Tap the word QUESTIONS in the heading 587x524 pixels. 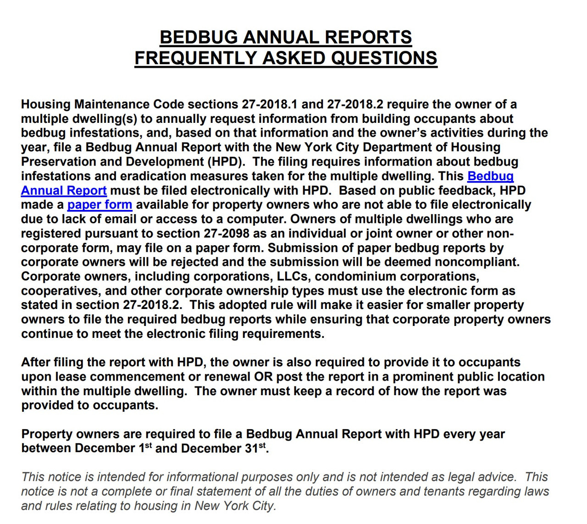pos(384,58)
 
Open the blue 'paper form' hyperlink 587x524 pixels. pos(100,204)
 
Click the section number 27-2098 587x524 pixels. pos(226,233)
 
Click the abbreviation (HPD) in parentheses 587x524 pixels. pos(225,161)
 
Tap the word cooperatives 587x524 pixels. pos(61,291)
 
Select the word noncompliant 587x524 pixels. pos(477,262)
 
